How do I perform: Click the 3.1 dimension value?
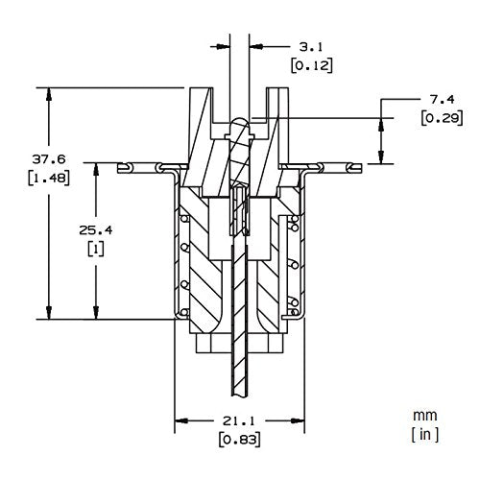[311, 47]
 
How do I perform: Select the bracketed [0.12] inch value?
[312, 65]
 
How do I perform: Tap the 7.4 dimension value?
[442, 100]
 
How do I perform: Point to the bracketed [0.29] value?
[442, 118]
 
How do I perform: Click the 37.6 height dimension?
[49, 159]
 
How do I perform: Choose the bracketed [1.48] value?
[49, 178]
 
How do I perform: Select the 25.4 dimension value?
[96, 230]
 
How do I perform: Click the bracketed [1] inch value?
[96, 249]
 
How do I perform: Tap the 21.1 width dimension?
[239, 420]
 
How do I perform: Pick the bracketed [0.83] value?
[240, 440]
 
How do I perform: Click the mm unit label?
[424, 416]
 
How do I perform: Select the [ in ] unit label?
[425, 435]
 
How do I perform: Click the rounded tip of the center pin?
[240, 120]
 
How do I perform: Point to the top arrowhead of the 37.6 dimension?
[49, 94]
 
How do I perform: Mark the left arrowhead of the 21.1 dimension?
[181, 420]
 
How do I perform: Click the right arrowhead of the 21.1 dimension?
[298, 420]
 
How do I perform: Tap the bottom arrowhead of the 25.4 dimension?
[96, 312]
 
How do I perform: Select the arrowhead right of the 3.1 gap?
[256, 47]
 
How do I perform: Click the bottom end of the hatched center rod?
[240, 396]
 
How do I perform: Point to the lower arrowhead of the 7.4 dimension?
[381, 157]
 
